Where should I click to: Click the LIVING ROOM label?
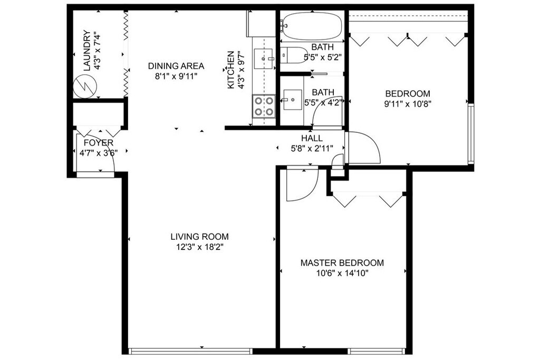199,237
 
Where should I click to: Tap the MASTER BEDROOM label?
342,263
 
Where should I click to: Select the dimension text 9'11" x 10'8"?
408,104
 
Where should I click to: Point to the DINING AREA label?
176,66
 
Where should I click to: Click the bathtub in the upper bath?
311,26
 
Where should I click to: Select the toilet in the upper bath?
293,55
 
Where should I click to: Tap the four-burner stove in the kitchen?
264,106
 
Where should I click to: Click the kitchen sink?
264,59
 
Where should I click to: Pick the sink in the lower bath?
292,100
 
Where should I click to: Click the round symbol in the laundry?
85,86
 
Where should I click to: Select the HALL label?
312,138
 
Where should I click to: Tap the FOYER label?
99,143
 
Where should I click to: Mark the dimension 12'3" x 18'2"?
200,247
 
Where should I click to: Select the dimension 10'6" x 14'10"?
342,274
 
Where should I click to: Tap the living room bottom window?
190,351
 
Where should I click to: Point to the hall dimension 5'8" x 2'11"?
312,149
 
